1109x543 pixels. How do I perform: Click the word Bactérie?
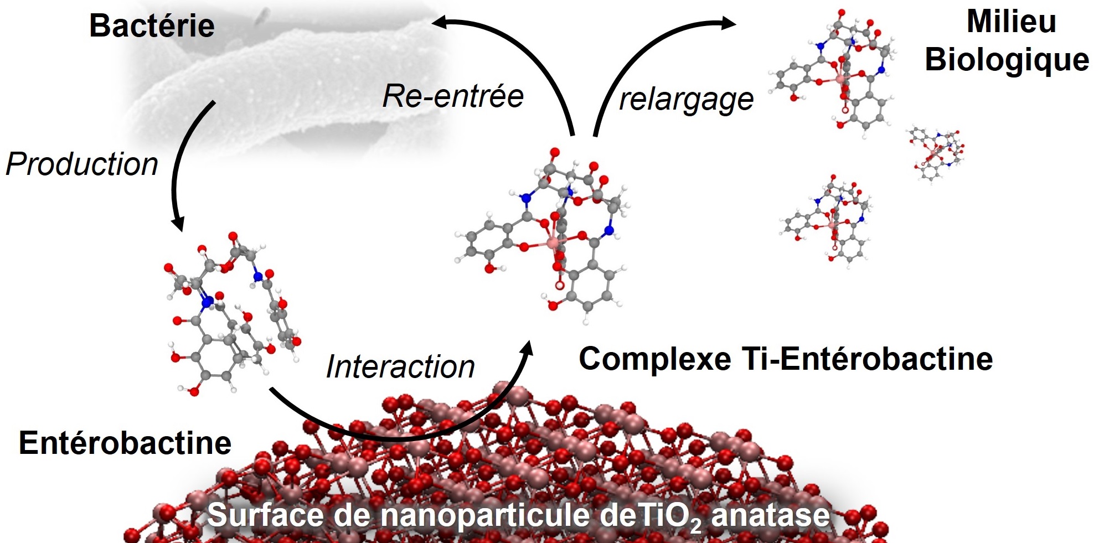pyautogui.click(x=152, y=26)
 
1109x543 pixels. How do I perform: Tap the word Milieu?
pyautogui.click(x=1011, y=22)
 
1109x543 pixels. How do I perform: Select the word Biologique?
pyautogui.click(x=1007, y=60)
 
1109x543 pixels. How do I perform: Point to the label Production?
pyautogui.click(x=82, y=164)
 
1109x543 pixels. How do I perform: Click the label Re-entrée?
pyautogui.click(x=453, y=96)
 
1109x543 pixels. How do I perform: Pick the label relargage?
pyautogui.click(x=686, y=100)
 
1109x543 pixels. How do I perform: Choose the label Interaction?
pyautogui.click(x=400, y=366)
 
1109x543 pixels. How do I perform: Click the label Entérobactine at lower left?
pyautogui.click(x=125, y=443)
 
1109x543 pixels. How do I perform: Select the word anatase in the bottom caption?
pyautogui.click(x=770, y=515)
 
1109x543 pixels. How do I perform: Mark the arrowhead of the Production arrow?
pyautogui.click(x=178, y=224)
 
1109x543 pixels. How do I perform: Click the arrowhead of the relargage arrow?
pyautogui.click(x=730, y=23)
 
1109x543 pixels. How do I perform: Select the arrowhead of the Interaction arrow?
pyautogui.click(x=527, y=349)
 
